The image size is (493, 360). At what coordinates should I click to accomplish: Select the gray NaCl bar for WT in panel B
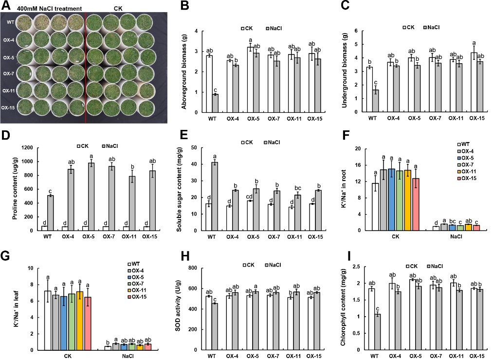[x=215, y=103]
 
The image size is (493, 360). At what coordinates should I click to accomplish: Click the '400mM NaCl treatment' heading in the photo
[x=49, y=8]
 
